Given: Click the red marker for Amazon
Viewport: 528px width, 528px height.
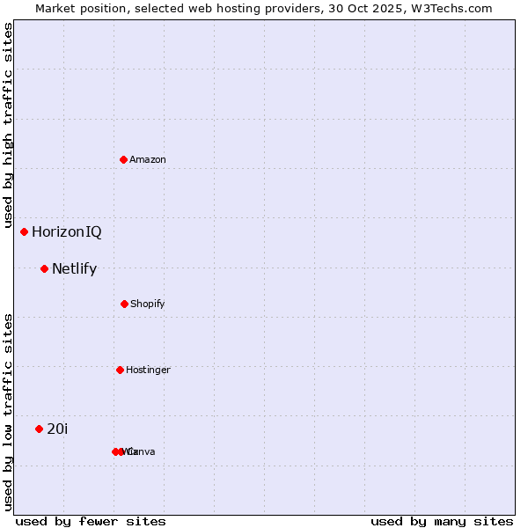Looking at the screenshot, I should coord(123,159).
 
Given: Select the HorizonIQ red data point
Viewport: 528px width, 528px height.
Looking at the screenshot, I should coord(24,231).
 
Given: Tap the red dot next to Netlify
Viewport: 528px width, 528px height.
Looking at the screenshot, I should coord(44,268).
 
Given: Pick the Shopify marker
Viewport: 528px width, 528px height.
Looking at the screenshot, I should coord(124,304).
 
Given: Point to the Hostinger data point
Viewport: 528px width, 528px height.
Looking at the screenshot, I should coord(120,370).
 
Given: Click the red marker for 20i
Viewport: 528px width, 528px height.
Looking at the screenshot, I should coord(39,429).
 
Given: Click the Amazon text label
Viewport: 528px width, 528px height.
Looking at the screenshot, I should coord(148,159).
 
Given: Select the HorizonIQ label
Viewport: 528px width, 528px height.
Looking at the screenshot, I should coord(67,232).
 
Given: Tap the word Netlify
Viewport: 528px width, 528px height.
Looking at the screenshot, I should coord(74,269).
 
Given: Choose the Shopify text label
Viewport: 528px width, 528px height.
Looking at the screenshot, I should coord(148,304).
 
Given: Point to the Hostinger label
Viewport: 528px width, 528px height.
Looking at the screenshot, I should coord(148,370).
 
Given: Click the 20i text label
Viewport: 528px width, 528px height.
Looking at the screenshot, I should coord(57,429).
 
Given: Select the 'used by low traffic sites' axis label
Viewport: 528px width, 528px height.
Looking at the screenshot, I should coord(8,411).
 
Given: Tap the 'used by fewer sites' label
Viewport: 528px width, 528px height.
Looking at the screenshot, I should coord(91,522).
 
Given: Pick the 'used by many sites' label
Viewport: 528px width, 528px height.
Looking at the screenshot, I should coord(442,522).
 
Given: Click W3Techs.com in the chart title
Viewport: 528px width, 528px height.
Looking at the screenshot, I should coord(451,8).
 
